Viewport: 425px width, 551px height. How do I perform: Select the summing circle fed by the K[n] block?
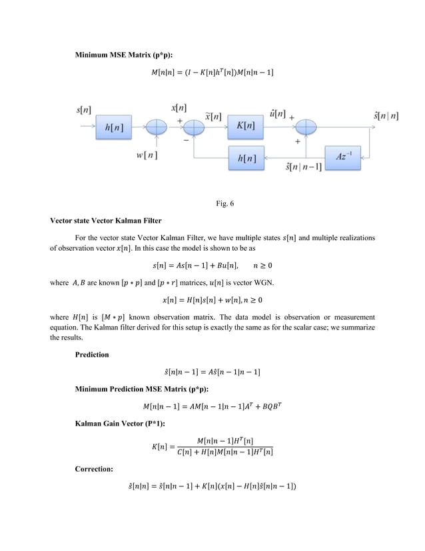click(307, 125)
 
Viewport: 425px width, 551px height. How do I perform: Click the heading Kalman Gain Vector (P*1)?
click(115, 425)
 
